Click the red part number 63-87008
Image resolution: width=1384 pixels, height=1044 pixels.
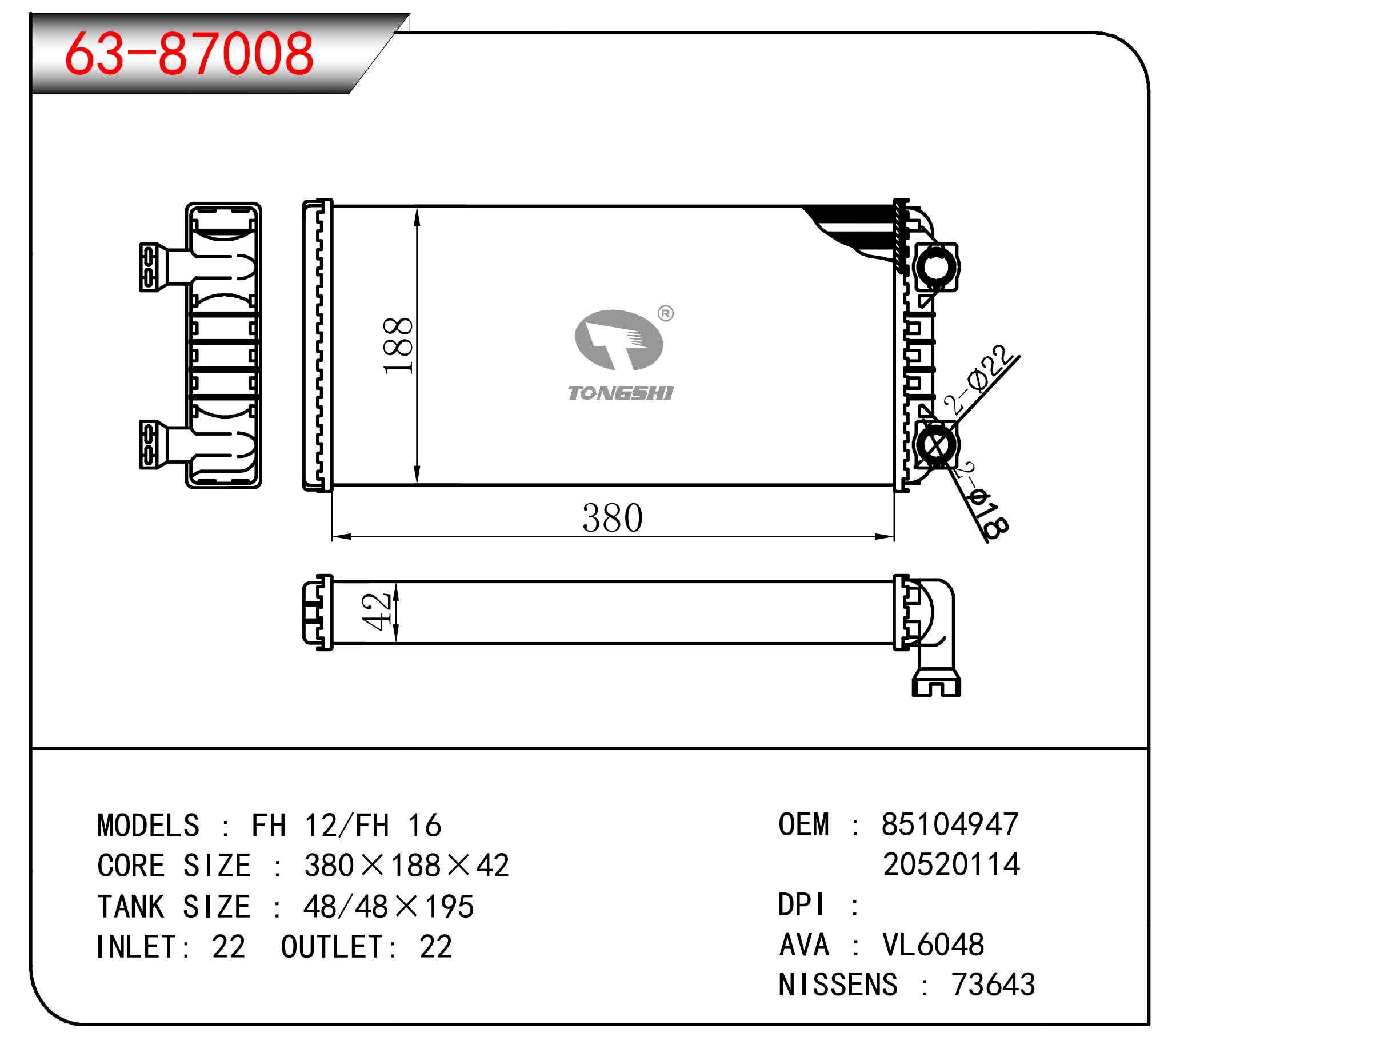[x=189, y=54]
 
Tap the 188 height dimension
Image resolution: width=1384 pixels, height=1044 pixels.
[x=398, y=345]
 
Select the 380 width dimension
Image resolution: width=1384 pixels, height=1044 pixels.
[x=612, y=518]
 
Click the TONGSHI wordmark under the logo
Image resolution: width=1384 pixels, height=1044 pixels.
[x=620, y=393]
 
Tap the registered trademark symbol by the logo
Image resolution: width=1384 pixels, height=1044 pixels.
[x=666, y=313]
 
